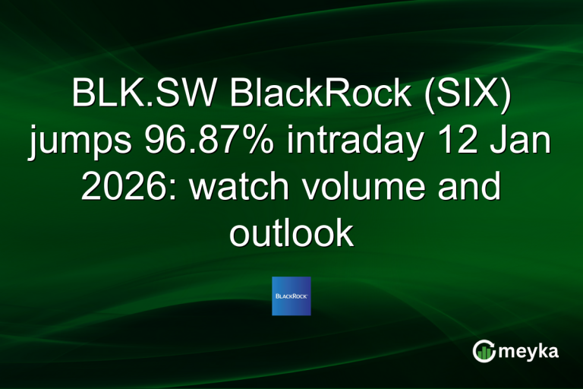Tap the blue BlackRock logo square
click(291, 296)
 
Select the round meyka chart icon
click(484, 350)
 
